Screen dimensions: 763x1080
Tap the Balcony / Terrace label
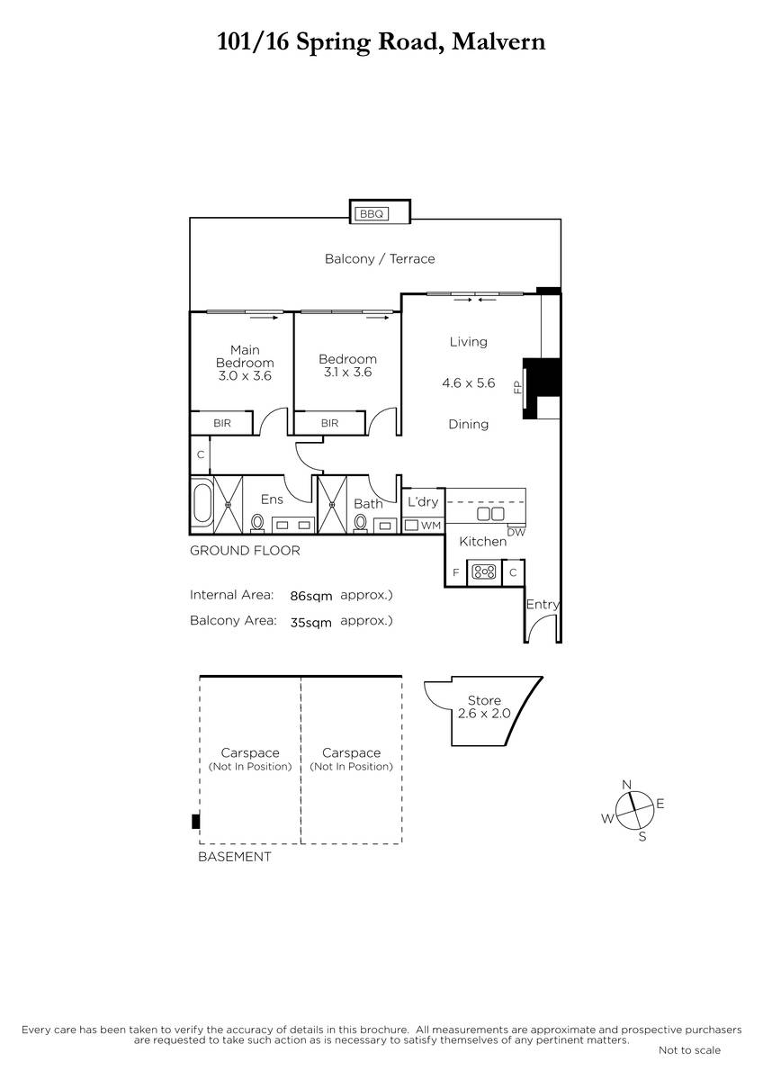click(380, 259)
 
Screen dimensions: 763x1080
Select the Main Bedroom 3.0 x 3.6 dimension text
click(245, 375)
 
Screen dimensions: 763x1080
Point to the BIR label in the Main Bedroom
click(221, 423)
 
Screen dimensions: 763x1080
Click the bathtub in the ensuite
click(202, 504)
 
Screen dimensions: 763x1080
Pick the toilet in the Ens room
click(257, 523)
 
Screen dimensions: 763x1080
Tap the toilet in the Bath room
click(360, 523)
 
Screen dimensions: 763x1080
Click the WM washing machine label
click(430, 526)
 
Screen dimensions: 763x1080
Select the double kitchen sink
click(490, 514)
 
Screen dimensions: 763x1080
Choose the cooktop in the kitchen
click(484, 572)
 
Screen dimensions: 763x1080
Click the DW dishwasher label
click(516, 532)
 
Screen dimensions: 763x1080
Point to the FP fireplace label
click(517, 387)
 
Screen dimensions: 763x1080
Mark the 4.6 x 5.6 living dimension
click(469, 382)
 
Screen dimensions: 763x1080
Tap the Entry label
click(543, 605)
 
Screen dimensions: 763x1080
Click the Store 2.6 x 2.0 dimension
click(484, 714)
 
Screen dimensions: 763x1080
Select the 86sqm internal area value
click(311, 597)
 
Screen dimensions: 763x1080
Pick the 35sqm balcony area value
click(311, 623)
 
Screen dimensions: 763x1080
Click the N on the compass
click(626, 785)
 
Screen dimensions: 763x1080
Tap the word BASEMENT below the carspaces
click(235, 857)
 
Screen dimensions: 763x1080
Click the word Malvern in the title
click(498, 41)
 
